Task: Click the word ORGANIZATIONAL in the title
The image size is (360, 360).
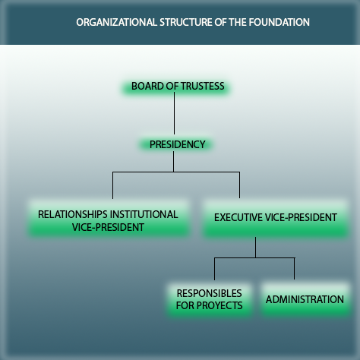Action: click(x=116, y=22)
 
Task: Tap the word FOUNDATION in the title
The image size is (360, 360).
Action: click(x=279, y=22)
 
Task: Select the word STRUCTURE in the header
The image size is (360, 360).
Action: click(x=187, y=22)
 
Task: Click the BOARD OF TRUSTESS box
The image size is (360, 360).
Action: click(x=176, y=87)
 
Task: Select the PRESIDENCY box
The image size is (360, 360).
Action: click(x=176, y=144)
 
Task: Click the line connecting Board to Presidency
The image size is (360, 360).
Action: click(x=174, y=113)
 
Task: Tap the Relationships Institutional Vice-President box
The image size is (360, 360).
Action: click(x=109, y=218)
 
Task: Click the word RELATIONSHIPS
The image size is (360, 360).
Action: click(x=72, y=214)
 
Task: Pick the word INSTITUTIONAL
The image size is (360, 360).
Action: click(x=144, y=214)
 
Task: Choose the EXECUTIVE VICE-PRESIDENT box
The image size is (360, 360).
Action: click(x=276, y=219)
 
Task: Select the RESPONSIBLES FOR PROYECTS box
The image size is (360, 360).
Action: click(x=210, y=300)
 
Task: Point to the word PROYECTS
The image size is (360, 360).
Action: click(x=219, y=305)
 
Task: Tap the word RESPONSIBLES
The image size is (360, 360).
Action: click(x=210, y=293)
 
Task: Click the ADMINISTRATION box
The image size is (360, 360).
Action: click(x=305, y=299)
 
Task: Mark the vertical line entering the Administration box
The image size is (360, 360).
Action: click(x=294, y=269)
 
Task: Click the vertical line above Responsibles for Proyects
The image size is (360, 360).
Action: click(x=214, y=269)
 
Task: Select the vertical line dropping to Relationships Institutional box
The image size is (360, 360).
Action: click(x=112, y=185)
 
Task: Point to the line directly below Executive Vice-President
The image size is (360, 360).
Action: click(x=255, y=248)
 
